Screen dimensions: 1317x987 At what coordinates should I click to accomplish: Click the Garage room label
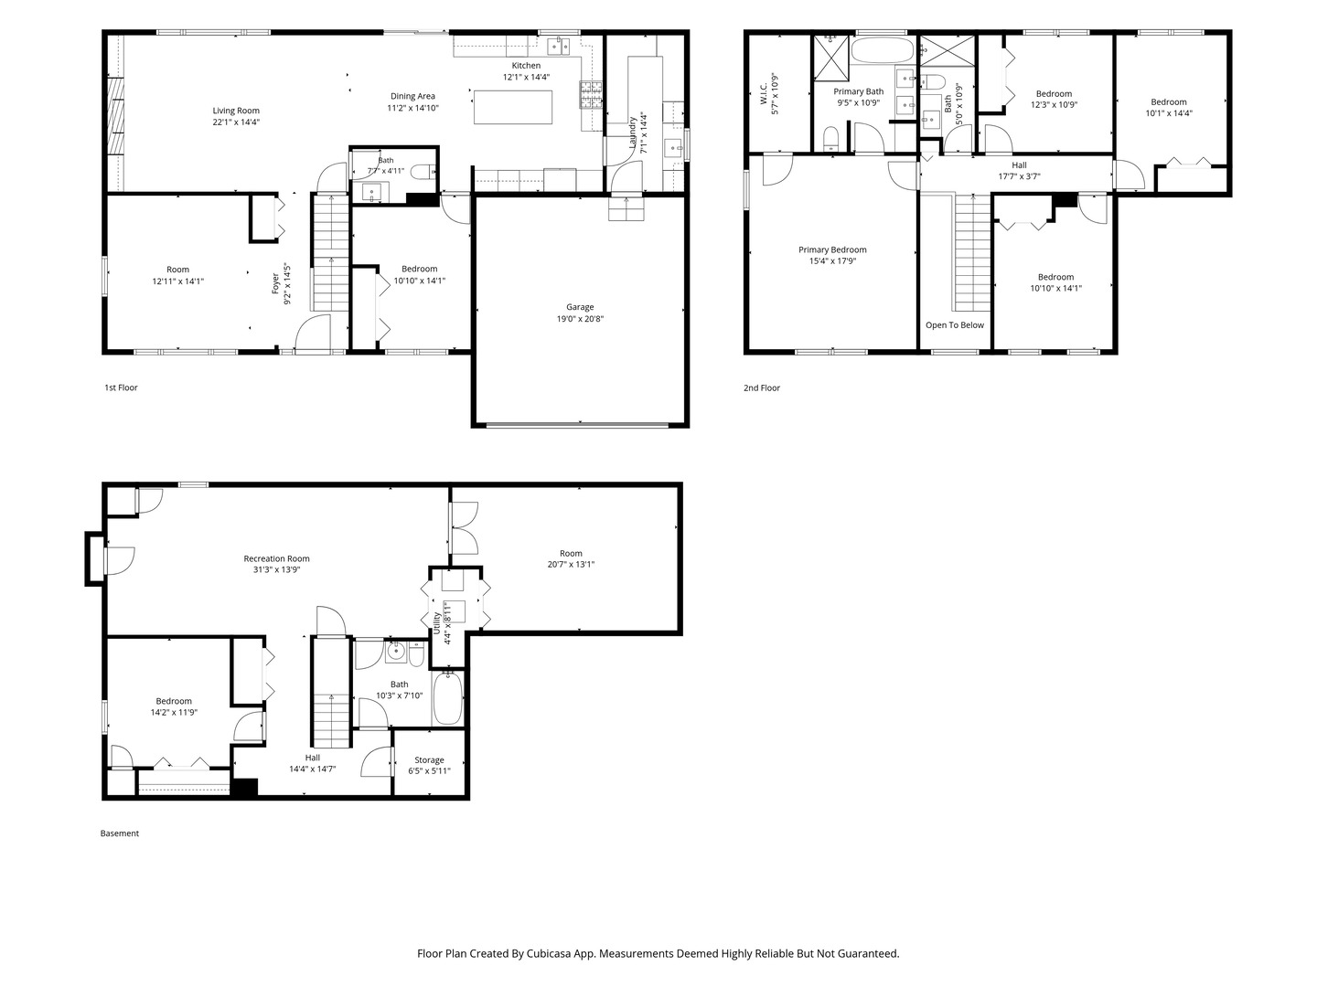pos(580,307)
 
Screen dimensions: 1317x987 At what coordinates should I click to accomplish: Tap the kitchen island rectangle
pos(512,107)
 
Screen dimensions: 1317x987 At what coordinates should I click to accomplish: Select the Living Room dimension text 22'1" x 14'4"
pos(236,122)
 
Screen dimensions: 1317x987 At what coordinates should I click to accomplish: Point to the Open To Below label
pos(955,324)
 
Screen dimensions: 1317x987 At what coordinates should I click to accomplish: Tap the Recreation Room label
pos(276,558)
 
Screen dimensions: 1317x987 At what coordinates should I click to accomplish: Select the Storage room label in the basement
pos(429,759)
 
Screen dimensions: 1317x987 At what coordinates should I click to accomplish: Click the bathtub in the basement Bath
pos(447,698)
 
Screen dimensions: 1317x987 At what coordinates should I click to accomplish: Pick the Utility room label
pos(436,623)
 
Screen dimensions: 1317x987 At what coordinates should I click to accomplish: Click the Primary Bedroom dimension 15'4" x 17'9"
pos(832,260)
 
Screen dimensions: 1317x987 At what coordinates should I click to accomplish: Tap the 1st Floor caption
pos(122,387)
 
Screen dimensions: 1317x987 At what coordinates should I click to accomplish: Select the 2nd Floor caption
pos(762,387)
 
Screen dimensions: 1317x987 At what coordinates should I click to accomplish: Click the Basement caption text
pos(120,833)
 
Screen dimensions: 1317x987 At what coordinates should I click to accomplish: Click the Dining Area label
pos(412,96)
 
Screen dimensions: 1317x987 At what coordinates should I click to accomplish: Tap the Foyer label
pos(275,283)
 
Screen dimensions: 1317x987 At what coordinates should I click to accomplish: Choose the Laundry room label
pos(632,133)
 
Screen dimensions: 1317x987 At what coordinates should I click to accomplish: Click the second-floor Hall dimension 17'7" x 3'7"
pos(1020,176)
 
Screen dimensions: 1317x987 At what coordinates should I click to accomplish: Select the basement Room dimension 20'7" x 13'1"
pos(571,564)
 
